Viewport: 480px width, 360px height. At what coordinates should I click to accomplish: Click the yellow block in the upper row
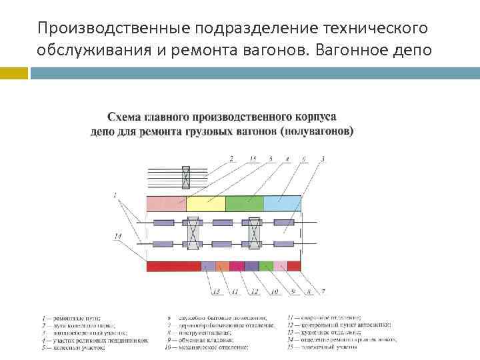tap(206, 203)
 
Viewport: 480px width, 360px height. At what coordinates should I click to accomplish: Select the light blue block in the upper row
tap(283, 203)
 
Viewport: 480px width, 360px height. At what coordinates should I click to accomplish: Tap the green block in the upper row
tap(245, 203)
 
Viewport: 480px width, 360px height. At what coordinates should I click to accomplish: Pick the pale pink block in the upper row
tap(166, 203)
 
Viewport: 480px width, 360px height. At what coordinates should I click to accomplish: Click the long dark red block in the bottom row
tap(173, 266)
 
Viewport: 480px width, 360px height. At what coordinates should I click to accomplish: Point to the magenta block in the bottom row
tap(237, 266)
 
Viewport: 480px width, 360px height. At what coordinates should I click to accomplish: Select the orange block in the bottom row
tap(222, 266)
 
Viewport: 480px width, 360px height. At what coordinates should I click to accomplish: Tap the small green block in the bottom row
tap(266, 266)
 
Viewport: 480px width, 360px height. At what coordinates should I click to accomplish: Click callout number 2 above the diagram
tap(231, 159)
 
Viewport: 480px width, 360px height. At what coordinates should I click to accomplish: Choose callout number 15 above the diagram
tap(253, 159)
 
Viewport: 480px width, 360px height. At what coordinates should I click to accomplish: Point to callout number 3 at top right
tap(323, 159)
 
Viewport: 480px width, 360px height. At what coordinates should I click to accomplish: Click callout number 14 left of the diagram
tap(117, 236)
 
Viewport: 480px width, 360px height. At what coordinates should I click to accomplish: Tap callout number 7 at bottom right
tap(323, 292)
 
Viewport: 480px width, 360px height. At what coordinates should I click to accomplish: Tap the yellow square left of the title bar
tap(14, 72)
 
